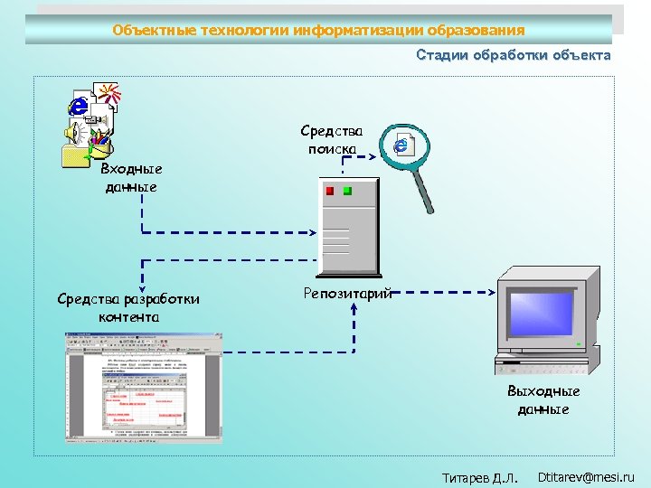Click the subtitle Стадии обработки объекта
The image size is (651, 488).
(x=513, y=55)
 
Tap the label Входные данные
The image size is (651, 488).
(x=131, y=178)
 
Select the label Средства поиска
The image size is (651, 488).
(x=332, y=140)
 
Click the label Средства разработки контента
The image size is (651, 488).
(x=128, y=307)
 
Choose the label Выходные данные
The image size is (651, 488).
(x=543, y=400)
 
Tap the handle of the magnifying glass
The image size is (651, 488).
(x=423, y=192)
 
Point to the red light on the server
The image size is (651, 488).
(x=330, y=192)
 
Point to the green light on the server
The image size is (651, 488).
(x=347, y=192)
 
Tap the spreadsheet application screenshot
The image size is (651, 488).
(x=143, y=386)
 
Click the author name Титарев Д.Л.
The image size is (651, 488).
(x=480, y=477)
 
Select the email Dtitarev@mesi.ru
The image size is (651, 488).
(x=586, y=476)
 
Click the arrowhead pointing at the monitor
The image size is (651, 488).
(x=493, y=292)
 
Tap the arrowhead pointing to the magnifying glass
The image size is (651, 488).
(x=375, y=156)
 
